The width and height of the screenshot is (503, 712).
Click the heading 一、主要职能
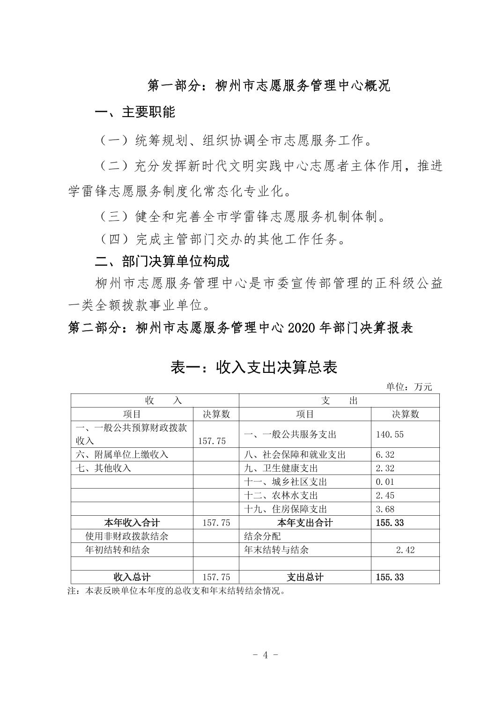(135, 112)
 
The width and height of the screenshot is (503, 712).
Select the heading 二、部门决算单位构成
(162, 261)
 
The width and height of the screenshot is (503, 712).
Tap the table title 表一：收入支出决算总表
(253, 367)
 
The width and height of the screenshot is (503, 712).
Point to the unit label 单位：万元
(409, 387)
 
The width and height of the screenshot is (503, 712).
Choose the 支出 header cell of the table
(340, 400)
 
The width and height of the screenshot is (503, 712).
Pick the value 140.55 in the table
(390, 434)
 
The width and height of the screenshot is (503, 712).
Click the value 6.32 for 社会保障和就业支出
(385, 454)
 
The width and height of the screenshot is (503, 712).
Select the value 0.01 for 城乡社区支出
(385, 482)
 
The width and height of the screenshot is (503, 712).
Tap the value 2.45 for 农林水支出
(385, 495)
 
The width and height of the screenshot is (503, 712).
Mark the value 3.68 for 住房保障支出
(385, 509)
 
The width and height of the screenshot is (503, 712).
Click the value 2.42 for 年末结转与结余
(405, 550)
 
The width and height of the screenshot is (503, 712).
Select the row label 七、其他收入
(104, 468)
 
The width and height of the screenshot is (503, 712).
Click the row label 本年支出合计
(305, 523)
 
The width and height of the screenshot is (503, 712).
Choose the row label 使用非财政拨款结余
(126, 536)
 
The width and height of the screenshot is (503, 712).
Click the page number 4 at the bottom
(265, 655)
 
